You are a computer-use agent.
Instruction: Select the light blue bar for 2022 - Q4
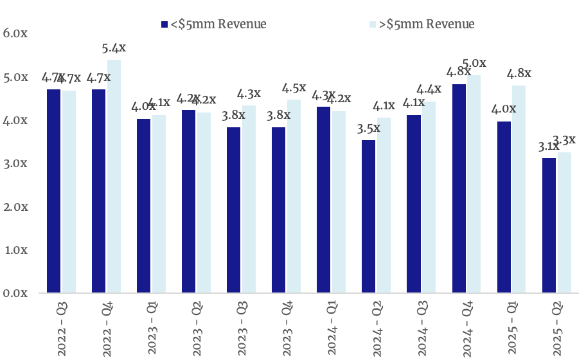tap(114, 176)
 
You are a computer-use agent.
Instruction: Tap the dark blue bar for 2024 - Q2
tap(369, 217)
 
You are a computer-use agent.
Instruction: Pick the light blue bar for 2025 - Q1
tap(519, 189)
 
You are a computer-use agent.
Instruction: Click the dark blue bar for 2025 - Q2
tap(549, 225)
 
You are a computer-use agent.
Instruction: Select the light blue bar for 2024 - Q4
tap(474, 184)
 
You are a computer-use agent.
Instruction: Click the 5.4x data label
tap(114, 48)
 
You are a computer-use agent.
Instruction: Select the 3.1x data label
tap(548, 147)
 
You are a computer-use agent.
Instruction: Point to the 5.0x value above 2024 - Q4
tap(474, 64)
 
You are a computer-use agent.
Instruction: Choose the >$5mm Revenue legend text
tap(429, 24)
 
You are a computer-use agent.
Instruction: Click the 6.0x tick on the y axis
tap(15, 33)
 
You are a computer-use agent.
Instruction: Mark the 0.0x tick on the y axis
tap(15, 293)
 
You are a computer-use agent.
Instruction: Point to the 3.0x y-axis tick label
tap(15, 163)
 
